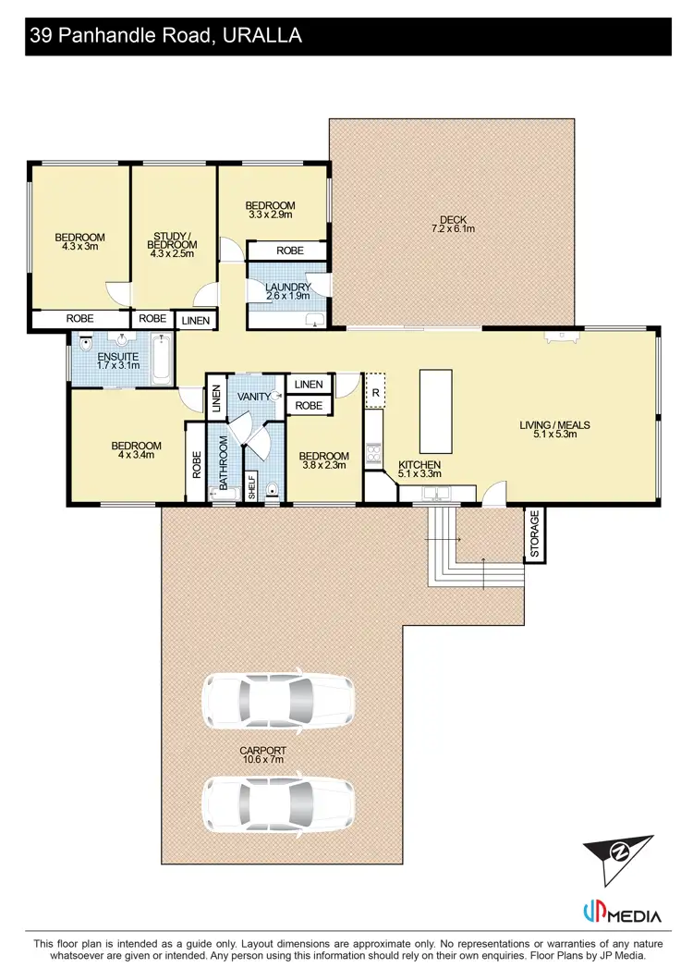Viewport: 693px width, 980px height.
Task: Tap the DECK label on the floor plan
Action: (453, 219)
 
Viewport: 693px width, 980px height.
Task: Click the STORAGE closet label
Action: (535, 534)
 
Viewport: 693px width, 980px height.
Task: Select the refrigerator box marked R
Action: (376, 391)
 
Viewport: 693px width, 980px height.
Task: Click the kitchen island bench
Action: (436, 410)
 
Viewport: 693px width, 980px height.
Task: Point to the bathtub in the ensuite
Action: (160, 360)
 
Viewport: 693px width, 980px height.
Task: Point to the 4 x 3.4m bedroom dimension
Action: (136, 454)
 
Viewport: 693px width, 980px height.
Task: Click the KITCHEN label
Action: (419, 464)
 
